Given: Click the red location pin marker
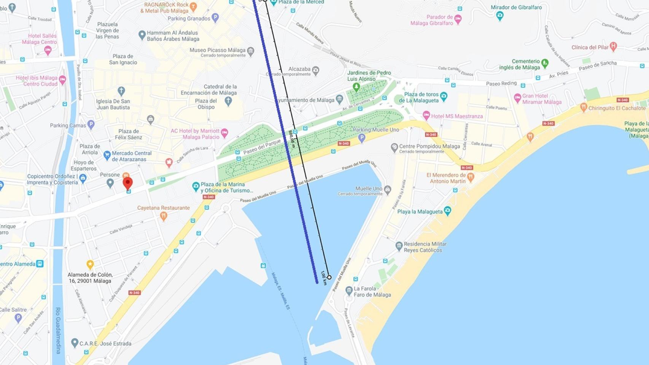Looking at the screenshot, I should tap(128, 183).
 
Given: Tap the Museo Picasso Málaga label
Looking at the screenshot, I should tap(217, 50).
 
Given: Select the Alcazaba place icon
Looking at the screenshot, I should tap(315, 70).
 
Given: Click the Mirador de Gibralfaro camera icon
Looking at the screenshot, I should tap(500, 16).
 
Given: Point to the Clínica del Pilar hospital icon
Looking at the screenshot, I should tap(613, 47).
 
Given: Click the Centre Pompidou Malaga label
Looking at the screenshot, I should tap(429, 146).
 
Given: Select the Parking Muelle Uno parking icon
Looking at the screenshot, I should tap(361, 138).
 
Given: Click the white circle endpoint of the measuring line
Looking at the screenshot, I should tap(329, 277).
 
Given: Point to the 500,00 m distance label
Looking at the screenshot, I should tap(292, 139).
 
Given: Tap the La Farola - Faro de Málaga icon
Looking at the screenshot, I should tap(349, 291).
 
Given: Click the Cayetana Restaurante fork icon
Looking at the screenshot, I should tap(164, 216).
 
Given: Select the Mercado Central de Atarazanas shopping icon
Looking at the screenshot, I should tap(107, 155).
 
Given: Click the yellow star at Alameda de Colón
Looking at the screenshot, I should tap(90, 264).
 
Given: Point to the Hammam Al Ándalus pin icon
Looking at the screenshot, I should tap(142, 35).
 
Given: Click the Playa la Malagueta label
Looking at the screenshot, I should tap(420, 212).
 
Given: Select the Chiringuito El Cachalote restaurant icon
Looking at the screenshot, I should tap(584, 108).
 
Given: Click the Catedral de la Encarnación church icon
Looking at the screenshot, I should tap(228, 101).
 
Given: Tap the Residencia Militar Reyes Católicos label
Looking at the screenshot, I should tap(425, 247).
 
